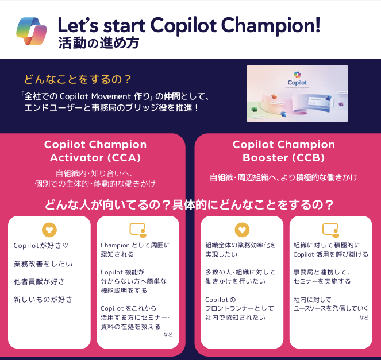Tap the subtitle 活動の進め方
98,43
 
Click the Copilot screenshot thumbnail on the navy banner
297,93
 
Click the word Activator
75,157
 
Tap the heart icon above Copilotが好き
49,230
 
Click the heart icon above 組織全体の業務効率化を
242,230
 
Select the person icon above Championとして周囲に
138,230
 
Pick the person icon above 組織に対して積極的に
330,230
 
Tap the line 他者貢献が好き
39,281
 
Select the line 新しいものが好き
43,299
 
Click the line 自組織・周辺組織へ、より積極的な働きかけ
283,177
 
